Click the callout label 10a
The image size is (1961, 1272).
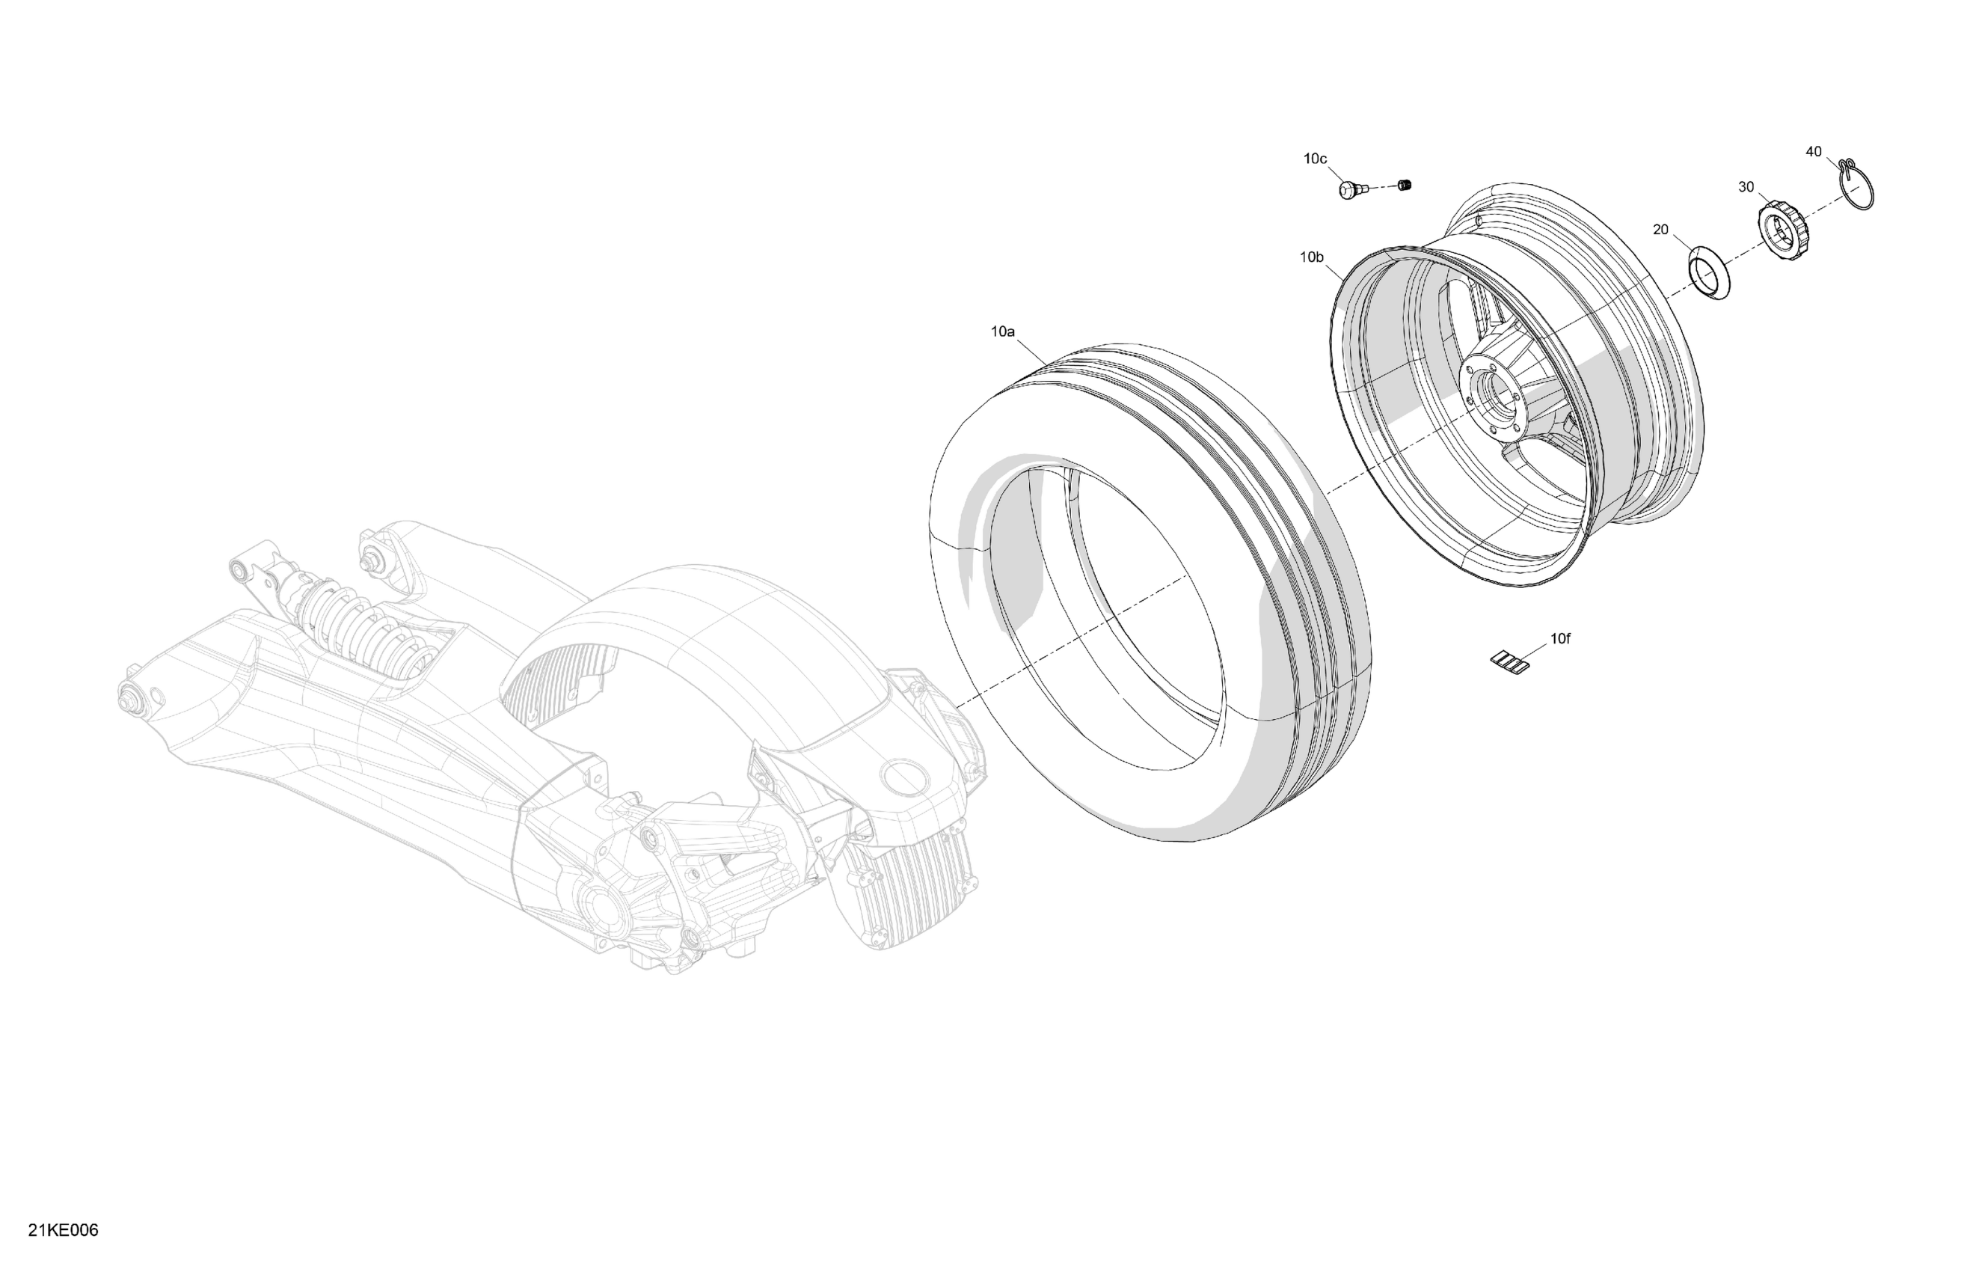1002,331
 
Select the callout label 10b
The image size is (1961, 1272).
1312,257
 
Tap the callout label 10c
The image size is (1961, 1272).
1315,159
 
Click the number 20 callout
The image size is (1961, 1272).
1660,229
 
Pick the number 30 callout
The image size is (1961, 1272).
1746,187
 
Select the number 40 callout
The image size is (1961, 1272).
1814,152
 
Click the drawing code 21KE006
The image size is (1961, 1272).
64,1231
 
